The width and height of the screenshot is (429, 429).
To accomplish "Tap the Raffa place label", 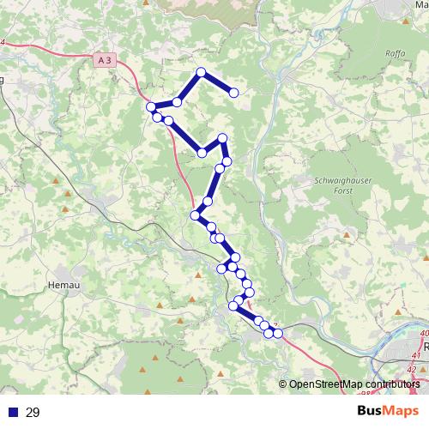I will (x=396, y=52).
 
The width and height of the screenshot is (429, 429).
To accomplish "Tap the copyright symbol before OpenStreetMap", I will (x=282, y=385).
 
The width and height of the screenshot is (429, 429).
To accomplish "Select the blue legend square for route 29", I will (x=11, y=413).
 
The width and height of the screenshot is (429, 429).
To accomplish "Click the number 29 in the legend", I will (x=33, y=413).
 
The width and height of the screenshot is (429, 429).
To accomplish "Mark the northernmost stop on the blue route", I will (x=201, y=72).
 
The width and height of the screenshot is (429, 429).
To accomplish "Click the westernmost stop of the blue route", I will (x=151, y=106).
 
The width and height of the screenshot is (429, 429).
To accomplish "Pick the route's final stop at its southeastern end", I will (x=277, y=333).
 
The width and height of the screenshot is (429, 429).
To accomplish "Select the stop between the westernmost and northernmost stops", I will (x=177, y=102).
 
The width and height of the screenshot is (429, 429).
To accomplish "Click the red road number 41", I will (x=414, y=353).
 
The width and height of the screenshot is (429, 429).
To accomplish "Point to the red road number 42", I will (x=411, y=370).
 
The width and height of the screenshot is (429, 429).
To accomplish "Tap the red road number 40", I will (x=424, y=334).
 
